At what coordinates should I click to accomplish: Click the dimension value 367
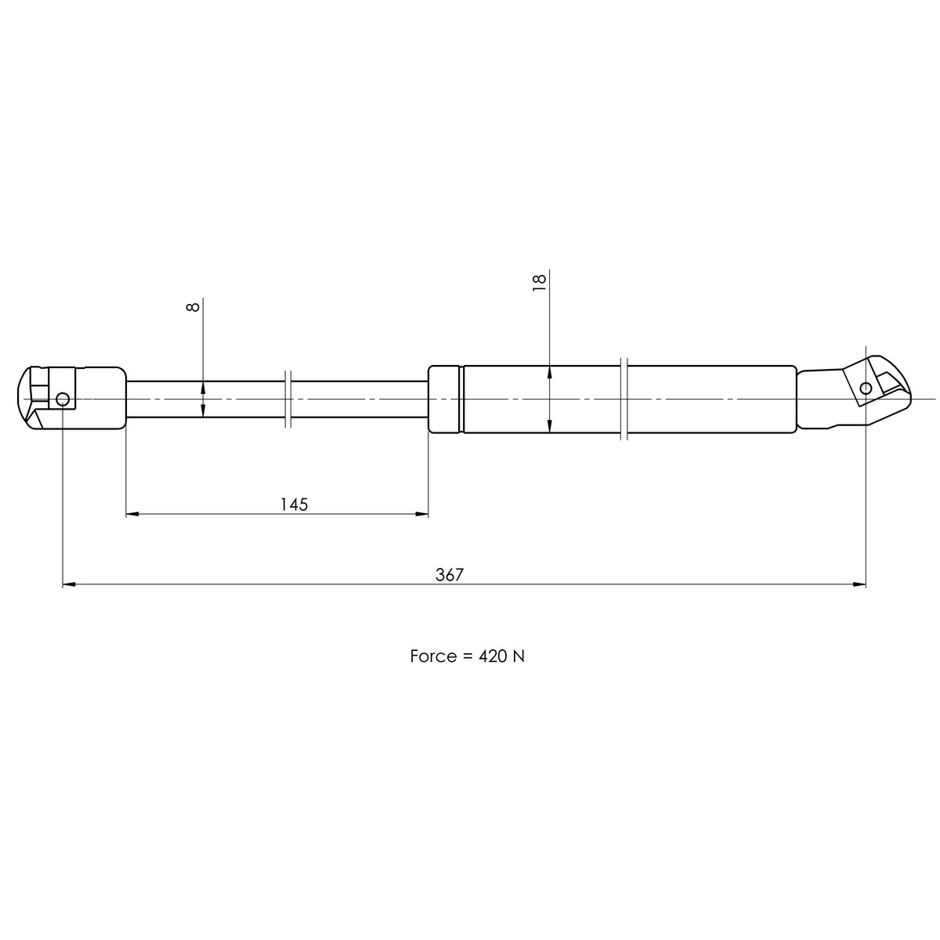click(x=450, y=575)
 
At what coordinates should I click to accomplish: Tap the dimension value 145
click(x=295, y=504)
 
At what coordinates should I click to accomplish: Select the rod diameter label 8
click(x=193, y=307)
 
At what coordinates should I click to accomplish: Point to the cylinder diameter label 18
click(x=539, y=283)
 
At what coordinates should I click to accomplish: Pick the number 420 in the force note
click(x=492, y=656)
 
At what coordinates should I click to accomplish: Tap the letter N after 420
click(x=518, y=656)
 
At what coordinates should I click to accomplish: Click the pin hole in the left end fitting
click(x=63, y=399)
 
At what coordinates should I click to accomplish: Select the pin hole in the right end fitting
click(x=866, y=389)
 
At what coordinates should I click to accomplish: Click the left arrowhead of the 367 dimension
click(x=69, y=584)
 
